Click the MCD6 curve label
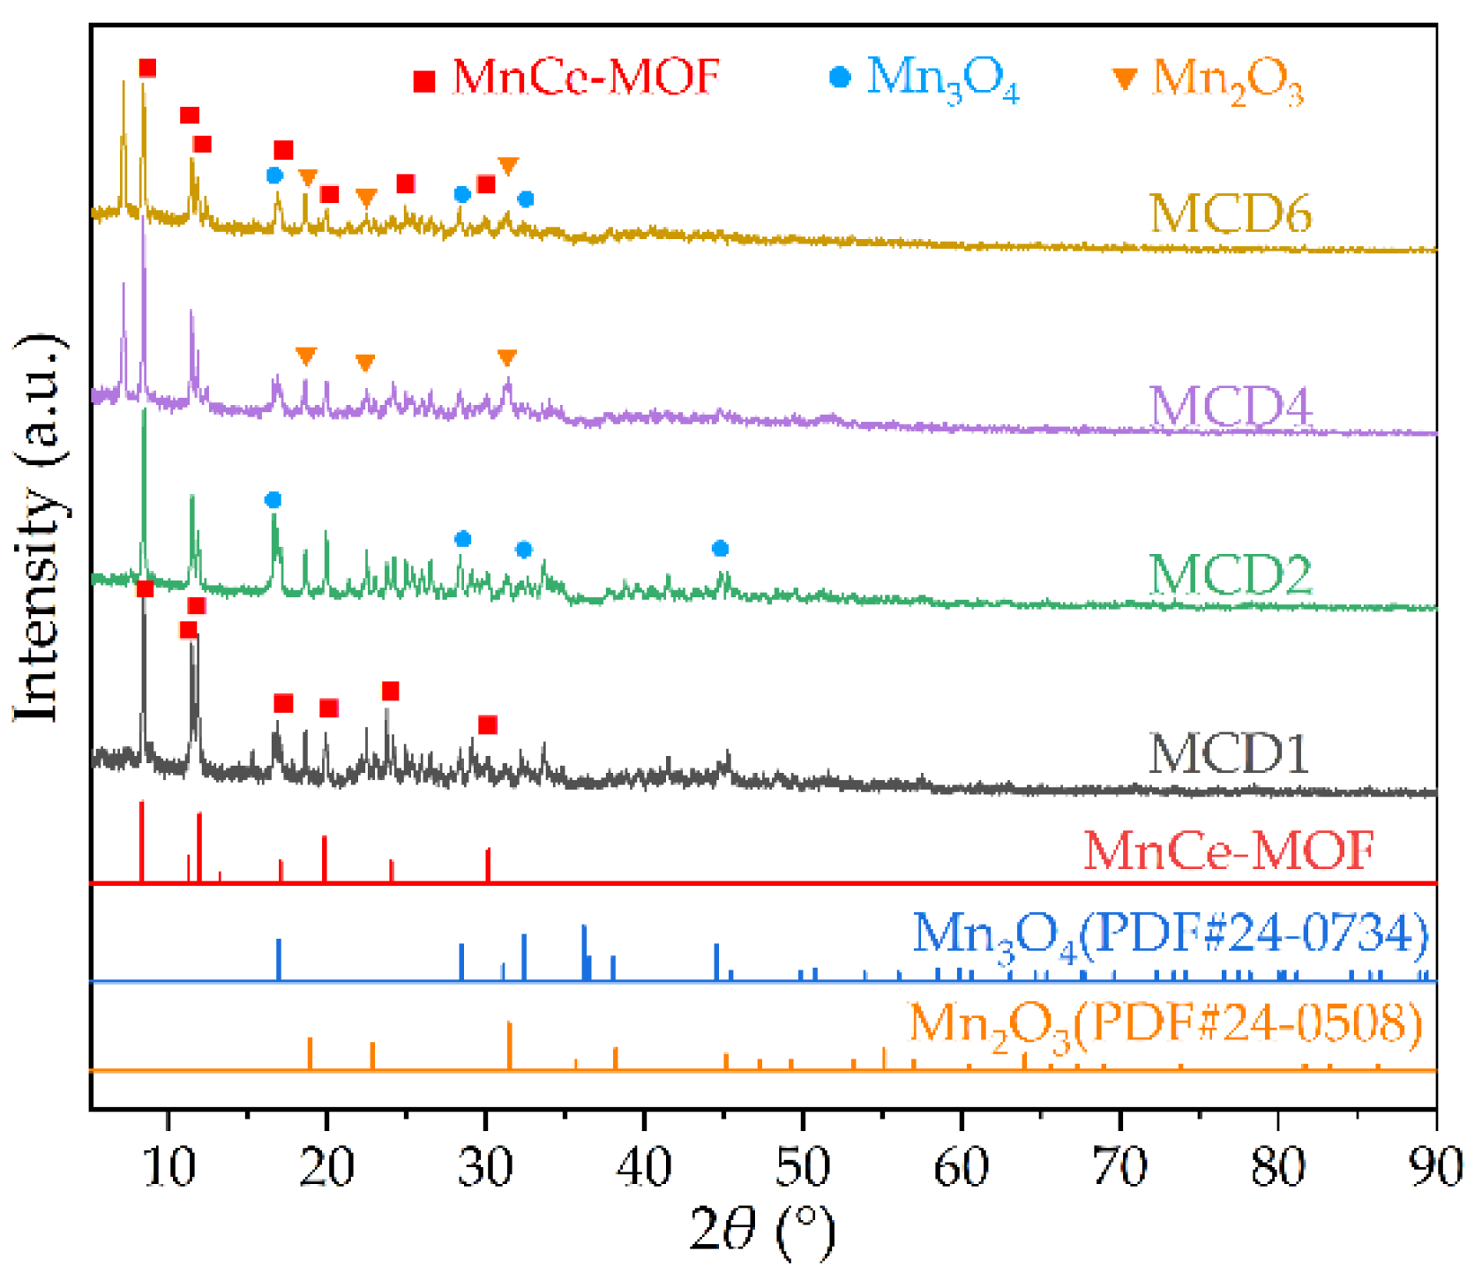click(x=1230, y=213)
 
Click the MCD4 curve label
click(x=1231, y=406)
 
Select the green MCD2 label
click(x=1230, y=574)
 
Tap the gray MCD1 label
click(x=1228, y=754)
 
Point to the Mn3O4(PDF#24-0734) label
click(x=1170, y=934)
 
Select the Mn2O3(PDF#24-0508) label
click(x=1166, y=1025)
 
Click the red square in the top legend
click(x=424, y=81)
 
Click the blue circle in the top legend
click(x=840, y=78)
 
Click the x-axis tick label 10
click(x=168, y=1166)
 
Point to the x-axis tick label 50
click(x=803, y=1166)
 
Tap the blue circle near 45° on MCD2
click(x=720, y=549)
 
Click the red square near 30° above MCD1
click(x=488, y=725)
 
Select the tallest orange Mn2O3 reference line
click(x=509, y=1046)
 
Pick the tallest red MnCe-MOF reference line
click(x=142, y=842)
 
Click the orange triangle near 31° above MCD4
click(x=506, y=357)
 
